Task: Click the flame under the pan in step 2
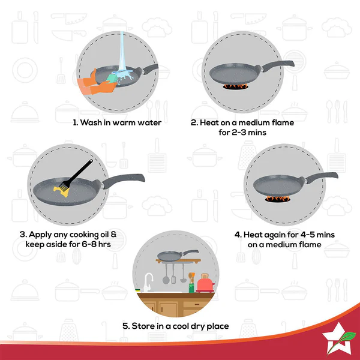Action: click(x=236, y=88)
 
